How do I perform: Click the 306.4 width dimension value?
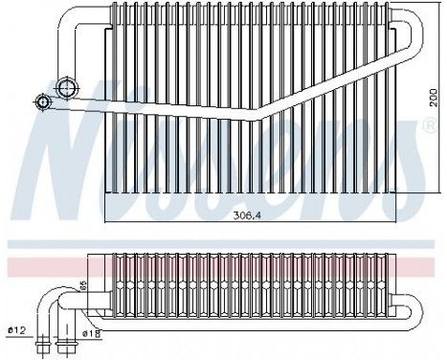point(247,214)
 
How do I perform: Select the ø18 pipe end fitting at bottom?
point(68,340)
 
